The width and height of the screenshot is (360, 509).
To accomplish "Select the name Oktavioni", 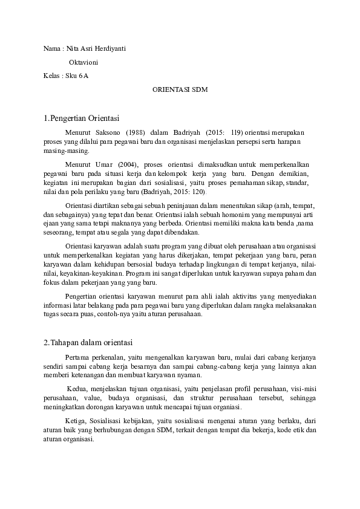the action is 84,62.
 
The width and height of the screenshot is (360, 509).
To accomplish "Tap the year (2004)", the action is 128,164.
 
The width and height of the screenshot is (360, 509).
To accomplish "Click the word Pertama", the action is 76,357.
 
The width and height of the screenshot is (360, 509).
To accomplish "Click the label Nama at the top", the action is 52,48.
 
